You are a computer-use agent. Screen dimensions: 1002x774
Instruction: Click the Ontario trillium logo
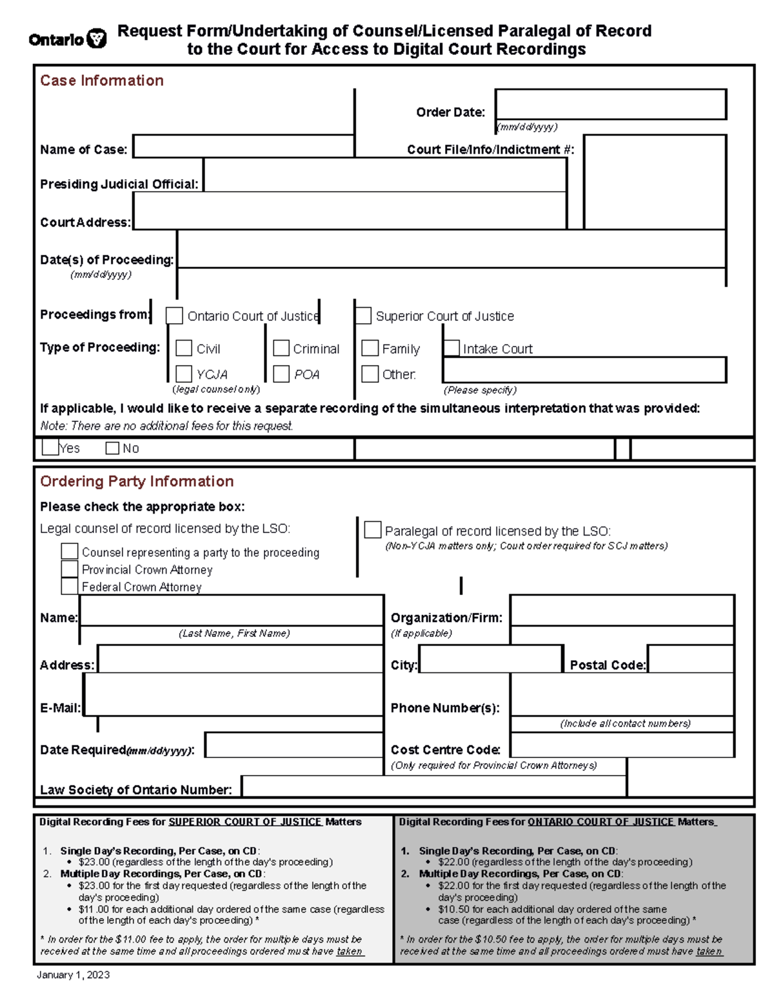pos(97,39)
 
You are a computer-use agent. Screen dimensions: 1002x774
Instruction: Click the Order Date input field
pos(610,105)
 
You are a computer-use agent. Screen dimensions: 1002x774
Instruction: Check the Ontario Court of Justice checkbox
pos(174,316)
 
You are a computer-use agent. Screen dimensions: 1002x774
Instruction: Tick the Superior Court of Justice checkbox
pos(363,316)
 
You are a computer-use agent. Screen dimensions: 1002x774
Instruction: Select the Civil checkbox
pos(184,348)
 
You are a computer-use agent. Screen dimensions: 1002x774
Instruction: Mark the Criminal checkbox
pos(281,348)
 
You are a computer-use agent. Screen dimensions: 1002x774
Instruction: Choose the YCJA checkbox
pos(184,374)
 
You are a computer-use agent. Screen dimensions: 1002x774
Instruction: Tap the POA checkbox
pos(281,374)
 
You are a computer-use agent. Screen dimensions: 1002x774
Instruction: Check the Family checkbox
pos(370,348)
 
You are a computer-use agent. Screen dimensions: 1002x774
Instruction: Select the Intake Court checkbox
pos(451,348)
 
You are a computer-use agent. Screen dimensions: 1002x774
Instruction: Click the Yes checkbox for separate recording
pos(50,447)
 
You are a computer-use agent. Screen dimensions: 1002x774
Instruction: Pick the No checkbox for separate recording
pos(112,448)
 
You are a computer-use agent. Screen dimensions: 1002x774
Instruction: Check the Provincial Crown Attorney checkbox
pos(70,569)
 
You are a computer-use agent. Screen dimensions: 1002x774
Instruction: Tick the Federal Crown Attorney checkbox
pos(70,586)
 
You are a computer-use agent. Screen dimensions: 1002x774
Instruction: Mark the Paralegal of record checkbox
pos(373,530)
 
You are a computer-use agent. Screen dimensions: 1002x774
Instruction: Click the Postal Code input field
pos(690,659)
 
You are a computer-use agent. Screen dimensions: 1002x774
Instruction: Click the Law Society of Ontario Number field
pos(433,787)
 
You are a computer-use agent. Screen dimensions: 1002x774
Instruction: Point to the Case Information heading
pos(102,81)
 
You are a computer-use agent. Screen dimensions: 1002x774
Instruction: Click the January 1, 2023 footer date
pos(73,975)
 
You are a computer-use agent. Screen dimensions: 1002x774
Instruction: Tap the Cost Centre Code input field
pos(622,745)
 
